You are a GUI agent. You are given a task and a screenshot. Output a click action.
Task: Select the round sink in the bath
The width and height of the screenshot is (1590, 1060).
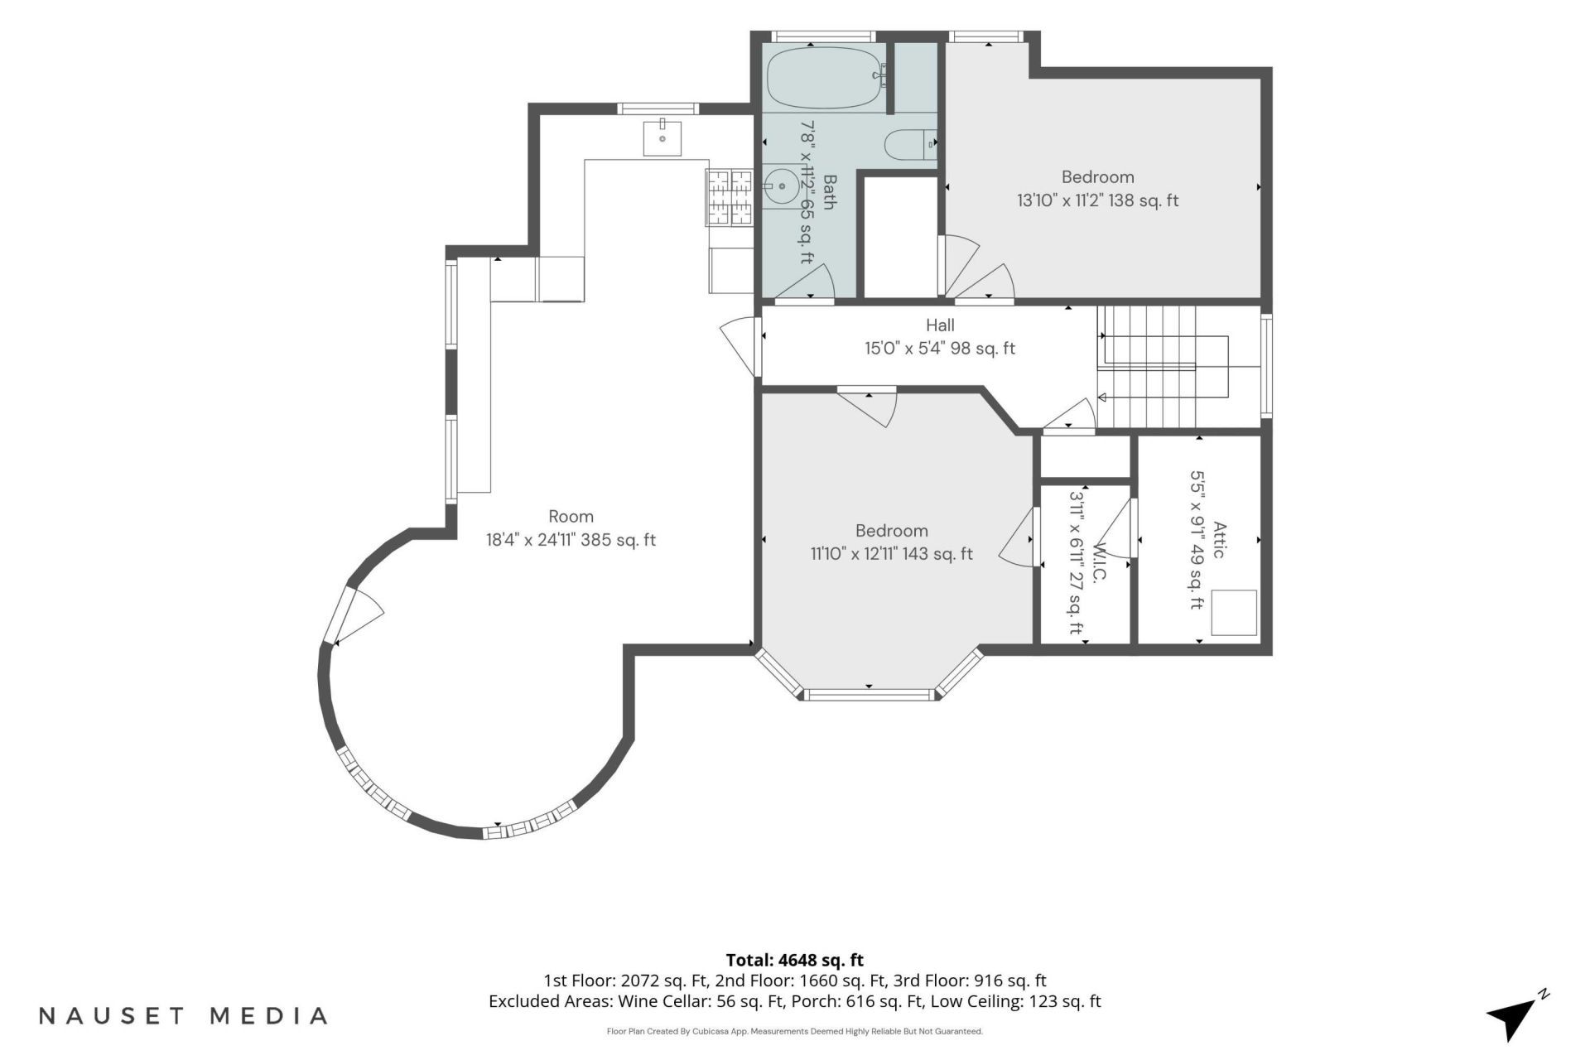pos(781,186)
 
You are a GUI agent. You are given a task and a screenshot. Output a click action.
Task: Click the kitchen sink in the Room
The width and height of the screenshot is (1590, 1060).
pos(662,138)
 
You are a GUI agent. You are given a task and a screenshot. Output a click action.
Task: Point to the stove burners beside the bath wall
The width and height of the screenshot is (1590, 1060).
pos(729,196)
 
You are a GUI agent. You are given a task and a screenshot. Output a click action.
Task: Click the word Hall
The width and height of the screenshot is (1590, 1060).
pos(940,325)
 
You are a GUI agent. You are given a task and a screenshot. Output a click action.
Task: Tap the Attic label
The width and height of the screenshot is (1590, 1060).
pos(1218,539)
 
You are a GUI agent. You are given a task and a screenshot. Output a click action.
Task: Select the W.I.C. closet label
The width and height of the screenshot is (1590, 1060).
pos(1100,564)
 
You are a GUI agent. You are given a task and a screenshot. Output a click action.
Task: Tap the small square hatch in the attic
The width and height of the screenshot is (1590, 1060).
pos(1234,613)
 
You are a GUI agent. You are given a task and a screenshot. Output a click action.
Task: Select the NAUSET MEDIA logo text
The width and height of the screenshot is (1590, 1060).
pos(183,1016)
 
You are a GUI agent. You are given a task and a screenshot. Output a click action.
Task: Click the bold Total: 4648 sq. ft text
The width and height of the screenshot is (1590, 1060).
pos(794,961)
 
